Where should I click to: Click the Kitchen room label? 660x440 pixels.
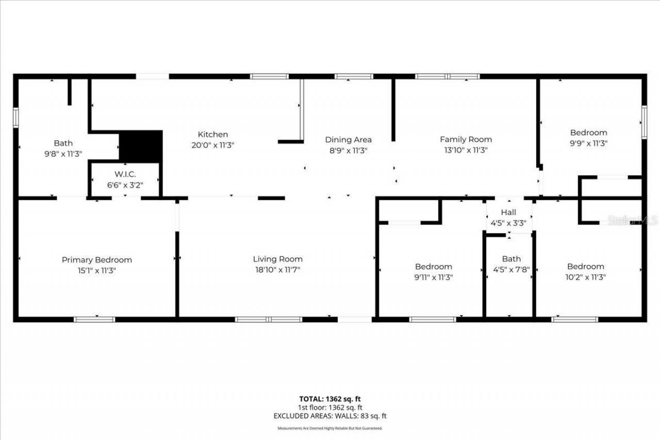pos(212,135)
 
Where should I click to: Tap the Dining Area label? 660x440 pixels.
pos(348,140)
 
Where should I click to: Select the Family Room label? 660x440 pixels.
pos(466,139)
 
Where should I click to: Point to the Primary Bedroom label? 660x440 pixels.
pos(97,260)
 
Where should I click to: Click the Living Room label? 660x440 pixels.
pos(277,259)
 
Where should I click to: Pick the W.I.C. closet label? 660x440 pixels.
pos(125,174)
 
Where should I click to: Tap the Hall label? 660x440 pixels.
pos(508,213)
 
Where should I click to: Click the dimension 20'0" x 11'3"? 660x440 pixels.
pos(212,145)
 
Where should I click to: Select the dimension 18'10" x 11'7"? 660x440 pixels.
pos(277,269)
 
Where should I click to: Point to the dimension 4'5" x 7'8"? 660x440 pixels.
pos(511,269)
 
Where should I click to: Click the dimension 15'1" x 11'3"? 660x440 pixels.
pos(97,270)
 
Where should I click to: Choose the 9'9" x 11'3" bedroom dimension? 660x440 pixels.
pos(588,143)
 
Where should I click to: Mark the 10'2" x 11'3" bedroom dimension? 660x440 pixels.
pos(586,277)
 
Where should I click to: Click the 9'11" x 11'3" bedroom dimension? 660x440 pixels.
pos(434,277)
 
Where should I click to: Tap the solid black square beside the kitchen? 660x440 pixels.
pos(141,145)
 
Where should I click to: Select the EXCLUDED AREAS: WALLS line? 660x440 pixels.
pos(330,416)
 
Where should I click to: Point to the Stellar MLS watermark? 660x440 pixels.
pos(632,220)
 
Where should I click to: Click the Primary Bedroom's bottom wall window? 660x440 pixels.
pos(94,319)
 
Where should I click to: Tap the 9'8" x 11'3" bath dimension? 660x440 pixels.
pos(63,154)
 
